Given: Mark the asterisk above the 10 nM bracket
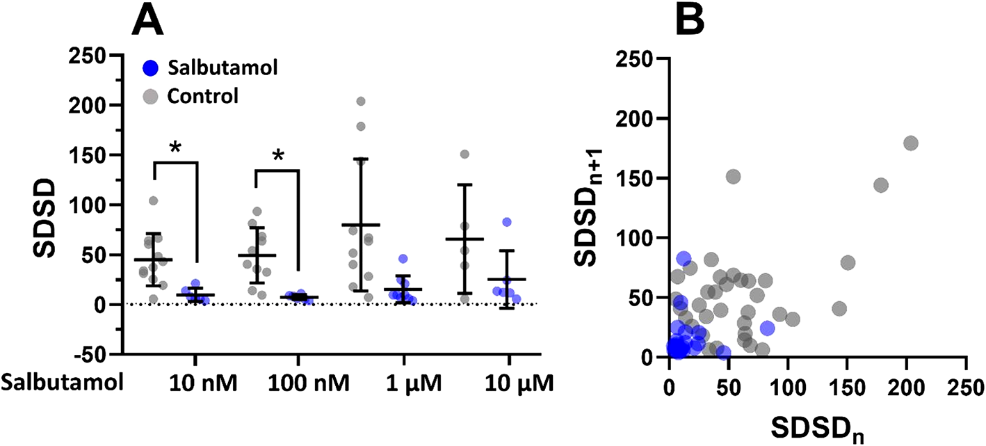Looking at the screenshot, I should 175,148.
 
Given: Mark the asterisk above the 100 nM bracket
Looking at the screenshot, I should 278,154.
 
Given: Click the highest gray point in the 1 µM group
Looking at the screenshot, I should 380,102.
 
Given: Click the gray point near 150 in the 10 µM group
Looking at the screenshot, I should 464,154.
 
